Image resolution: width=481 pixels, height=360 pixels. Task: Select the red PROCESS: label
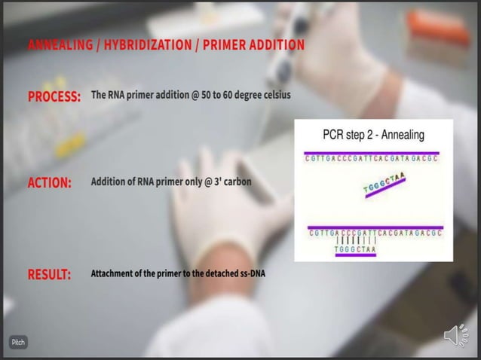tap(54, 98)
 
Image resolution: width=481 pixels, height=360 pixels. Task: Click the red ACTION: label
tap(50, 183)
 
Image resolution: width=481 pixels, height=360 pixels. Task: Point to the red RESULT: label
tap(50, 274)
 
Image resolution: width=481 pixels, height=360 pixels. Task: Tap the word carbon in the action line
tap(235, 182)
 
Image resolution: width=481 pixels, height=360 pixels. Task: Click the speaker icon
tap(455, 336)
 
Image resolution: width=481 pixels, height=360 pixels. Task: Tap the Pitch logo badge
tap(18, 342)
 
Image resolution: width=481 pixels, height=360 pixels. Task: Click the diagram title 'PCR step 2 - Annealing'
tap(373, 136)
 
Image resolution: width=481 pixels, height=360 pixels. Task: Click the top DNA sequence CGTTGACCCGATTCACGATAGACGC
tap(372, 159)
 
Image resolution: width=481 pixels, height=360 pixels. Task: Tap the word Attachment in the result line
tap(112, 273)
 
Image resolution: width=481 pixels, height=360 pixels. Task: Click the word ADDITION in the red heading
tap(274, 45)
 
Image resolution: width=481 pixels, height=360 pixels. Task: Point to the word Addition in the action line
tap(108, 182)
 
